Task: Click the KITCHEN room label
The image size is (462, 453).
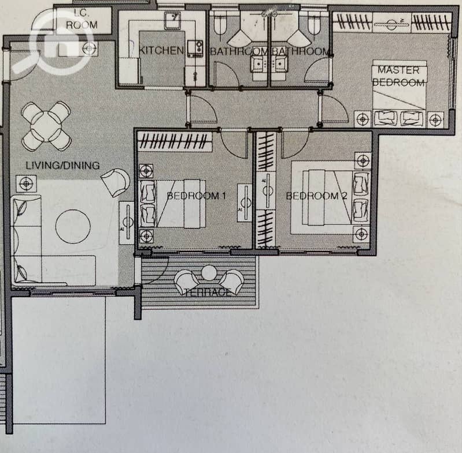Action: tap(161, 51)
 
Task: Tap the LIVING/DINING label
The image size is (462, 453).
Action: tap(63, 165)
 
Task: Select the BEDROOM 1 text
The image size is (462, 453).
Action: tap(197, 196)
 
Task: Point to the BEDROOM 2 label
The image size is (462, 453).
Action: tap(317, 196)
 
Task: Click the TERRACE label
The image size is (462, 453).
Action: tap(208, 292)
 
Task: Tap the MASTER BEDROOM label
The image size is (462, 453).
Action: tap(398, 76)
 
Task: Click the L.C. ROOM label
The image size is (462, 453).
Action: tap(82, 19)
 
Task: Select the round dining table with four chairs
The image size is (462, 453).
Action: tap(46, 126)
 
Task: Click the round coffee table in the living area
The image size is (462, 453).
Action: tap(73, 226)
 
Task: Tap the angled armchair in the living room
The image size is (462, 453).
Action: tap(116, 182)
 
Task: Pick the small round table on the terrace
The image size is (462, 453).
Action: tap(209, 273)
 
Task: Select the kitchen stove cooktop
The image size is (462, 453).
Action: tap(195, 48)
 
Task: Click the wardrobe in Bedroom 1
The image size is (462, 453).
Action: tap(175, 142)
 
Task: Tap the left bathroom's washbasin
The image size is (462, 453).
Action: tap(258, 65)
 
